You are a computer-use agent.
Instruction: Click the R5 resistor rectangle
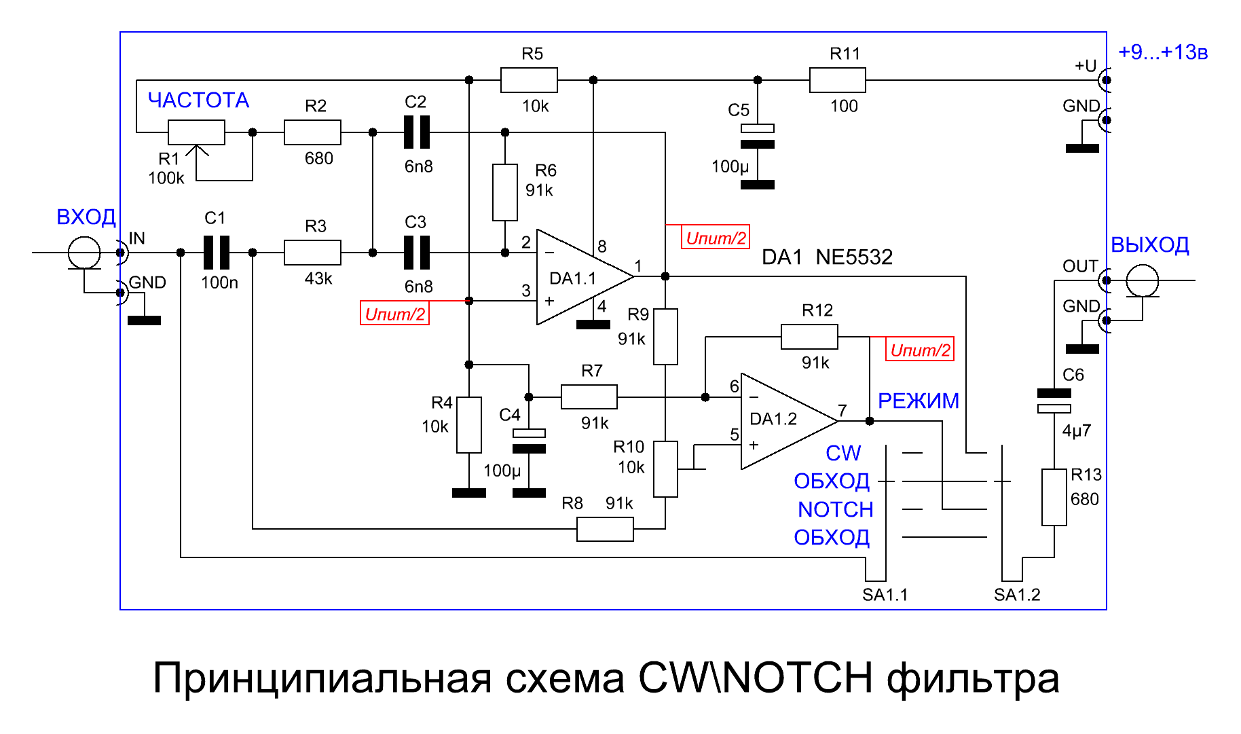pos(529,80)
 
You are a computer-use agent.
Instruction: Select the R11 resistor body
pos(838,80)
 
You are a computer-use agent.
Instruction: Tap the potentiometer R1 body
pos(196,132)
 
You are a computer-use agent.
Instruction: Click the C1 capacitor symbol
pos(217,253)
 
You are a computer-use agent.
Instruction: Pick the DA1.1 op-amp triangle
pos(584,277)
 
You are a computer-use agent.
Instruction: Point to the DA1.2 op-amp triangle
pos(789,421)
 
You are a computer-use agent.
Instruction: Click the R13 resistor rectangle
pos(1054,497)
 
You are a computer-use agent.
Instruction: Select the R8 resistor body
pos(605,529)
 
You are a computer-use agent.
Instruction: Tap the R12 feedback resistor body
pos(809,337)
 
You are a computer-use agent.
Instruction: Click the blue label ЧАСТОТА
pos(198,100)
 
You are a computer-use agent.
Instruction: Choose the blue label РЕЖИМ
pos(919,401)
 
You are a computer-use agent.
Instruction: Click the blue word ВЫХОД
pos(1150,245)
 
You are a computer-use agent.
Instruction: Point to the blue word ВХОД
pos(86,217)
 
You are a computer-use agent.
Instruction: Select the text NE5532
pos(854,257)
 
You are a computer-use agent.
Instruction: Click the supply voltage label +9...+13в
pos(1163,52)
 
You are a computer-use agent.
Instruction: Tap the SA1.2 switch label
pos(1017,595)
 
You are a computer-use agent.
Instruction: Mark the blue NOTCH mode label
pos(836,509)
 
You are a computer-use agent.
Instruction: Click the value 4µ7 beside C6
pos(1077,430)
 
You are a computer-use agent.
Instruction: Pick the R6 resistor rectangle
pos(505,192)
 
